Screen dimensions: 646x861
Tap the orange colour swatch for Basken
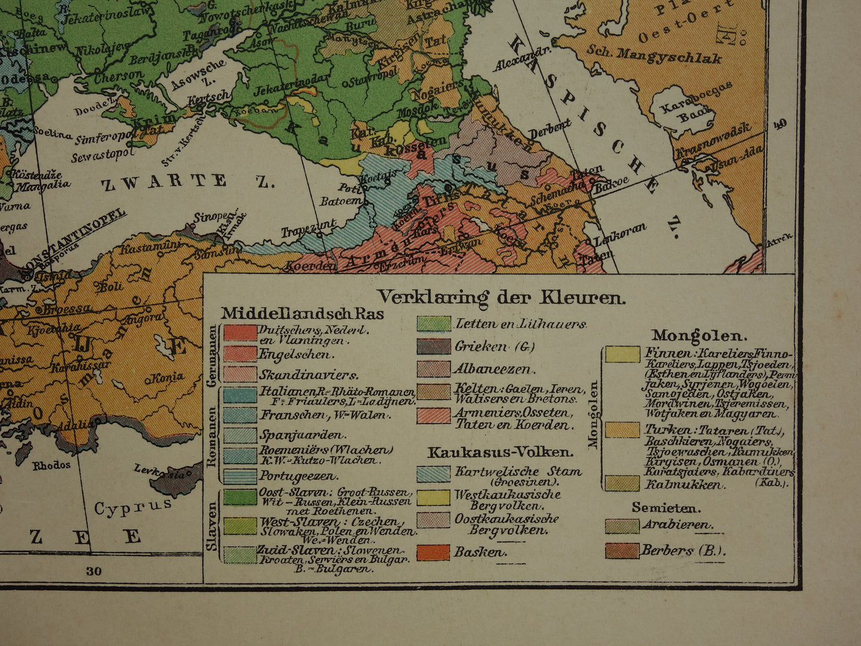coord(433,552)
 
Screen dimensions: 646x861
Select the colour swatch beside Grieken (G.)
coord(433,347)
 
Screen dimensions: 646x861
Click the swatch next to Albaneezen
coord(433,369)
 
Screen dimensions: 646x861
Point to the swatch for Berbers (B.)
coord(622,550)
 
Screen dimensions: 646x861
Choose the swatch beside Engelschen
coord(240,354)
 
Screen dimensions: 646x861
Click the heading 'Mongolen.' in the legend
coord(691,335)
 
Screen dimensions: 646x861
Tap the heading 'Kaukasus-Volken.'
coord(501,452)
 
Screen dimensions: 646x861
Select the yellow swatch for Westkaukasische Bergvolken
coord(433,498)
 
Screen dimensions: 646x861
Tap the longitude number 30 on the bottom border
coord(94,571)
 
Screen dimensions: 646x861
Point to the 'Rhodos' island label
coord(51,465)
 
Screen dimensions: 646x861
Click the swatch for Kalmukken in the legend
coord(622,483)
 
